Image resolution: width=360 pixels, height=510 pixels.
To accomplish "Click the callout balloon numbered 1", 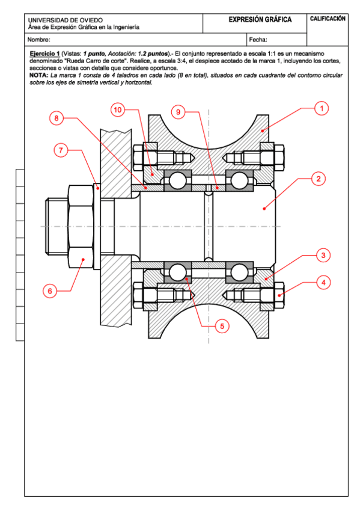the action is click(322, 108).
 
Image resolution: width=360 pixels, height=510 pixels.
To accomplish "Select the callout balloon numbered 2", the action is click(318, 179).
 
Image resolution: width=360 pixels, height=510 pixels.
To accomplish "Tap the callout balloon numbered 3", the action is click(323, 256).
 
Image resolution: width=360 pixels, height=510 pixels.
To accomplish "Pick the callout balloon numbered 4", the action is click(323, 282).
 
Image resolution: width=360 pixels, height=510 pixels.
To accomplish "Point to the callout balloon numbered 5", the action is click(222, 326).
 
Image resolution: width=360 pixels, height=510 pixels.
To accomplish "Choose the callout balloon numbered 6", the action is click(50, 290).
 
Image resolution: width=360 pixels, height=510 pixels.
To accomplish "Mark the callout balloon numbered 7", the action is click(61, 150).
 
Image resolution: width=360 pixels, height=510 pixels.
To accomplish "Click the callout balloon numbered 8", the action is click(56, 118).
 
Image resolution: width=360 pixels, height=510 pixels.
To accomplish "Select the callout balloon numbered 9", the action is click(178, 112).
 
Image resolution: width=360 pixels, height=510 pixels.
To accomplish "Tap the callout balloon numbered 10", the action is click(118, 109).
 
